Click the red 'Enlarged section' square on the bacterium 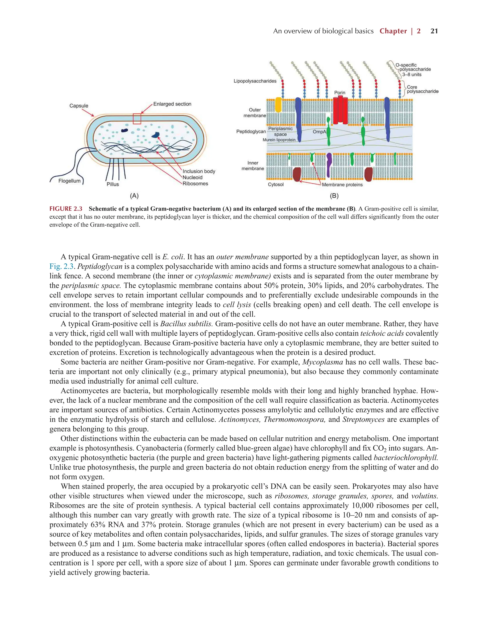click(137, 119)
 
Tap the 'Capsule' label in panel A click(79, 106)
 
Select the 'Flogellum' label click(70, 181)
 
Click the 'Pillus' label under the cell click(113, 184)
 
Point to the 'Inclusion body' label click(199, 171)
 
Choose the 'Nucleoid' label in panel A click(192, 177)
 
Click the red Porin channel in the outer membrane click(340, 110)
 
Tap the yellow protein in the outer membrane click(278, 105)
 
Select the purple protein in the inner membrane click(329, 165)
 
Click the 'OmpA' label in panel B click(319, 132)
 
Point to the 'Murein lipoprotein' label click(279, 140)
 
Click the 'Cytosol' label click(276, 185)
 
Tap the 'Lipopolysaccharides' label click(255, 81)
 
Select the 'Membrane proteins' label click(342, 185)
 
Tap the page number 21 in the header click(434, 31)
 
